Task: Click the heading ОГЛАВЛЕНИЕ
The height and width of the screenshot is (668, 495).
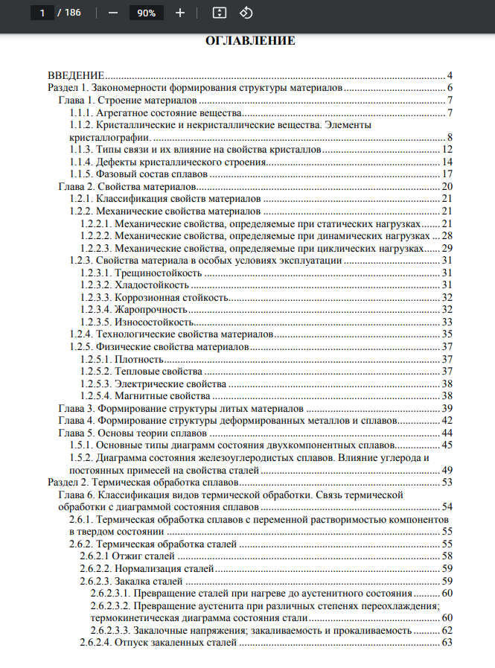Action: [250, 41]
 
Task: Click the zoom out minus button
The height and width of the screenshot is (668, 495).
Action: [112, 13]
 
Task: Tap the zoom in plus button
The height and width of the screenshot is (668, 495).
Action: [180, 13]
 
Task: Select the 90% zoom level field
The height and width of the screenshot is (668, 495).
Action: [146, 13]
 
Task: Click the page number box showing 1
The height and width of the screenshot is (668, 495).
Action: [42, 13]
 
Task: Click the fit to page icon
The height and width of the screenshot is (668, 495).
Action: [219, 13]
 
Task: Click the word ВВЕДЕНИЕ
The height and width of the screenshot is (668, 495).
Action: [75, 76]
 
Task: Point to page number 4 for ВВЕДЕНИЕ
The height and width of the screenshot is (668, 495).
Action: [450, 76]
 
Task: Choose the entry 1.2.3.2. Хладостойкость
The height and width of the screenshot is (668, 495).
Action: [130, 285]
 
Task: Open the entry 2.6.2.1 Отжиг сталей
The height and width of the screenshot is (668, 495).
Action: [126, 556]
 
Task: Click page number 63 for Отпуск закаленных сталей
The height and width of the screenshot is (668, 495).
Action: [447, 642]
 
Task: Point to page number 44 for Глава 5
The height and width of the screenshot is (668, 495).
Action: [447, 432]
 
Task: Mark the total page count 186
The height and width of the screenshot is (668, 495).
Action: [72, 13]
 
